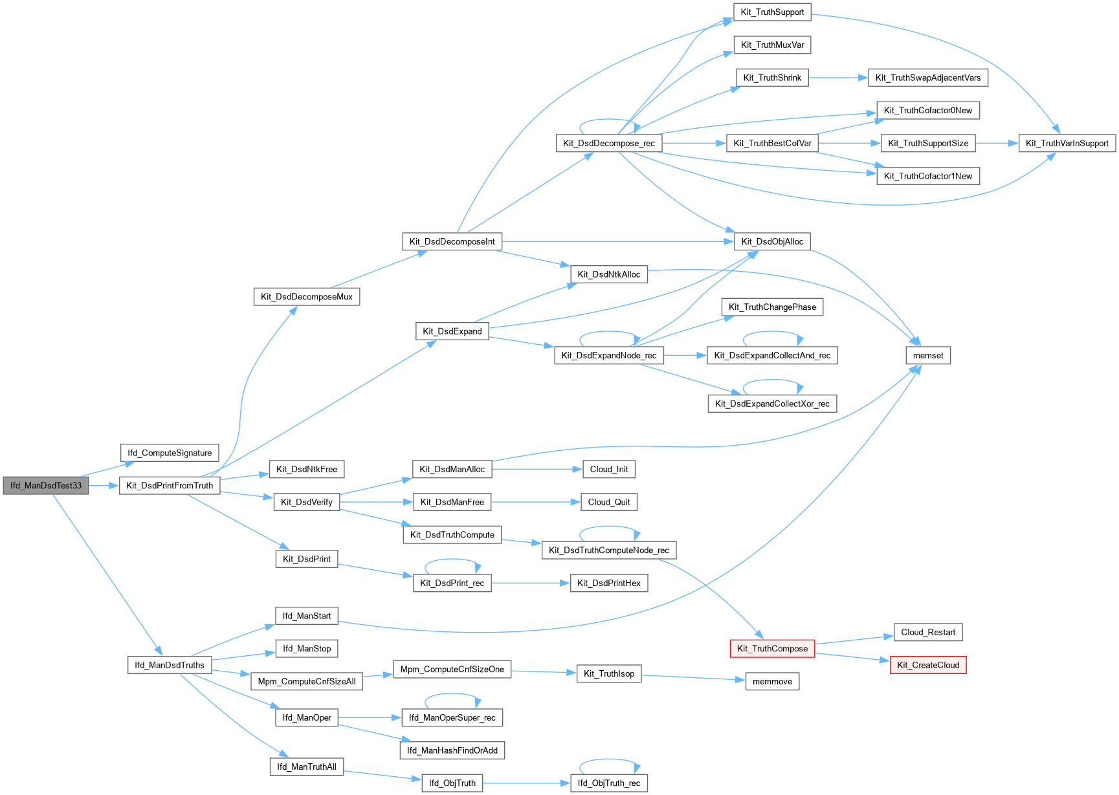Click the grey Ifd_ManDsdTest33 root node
tap(46, 486)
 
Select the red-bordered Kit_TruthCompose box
tap(772, 649)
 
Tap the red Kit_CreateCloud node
tap(928, 665)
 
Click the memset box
tap(928, 356)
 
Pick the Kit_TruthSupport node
tap(772, 12)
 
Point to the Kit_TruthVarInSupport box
tap(1067, 144)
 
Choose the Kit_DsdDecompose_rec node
tap(608, 144)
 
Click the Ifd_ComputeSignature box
tap(170, 453)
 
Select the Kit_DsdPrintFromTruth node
tap(170, 486)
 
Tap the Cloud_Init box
tap(609, 470)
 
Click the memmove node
tap(772, 682)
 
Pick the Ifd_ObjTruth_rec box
tap(608, 783)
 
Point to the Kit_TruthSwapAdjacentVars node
tap(927, 78)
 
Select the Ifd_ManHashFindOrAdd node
tap(452, 750)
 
